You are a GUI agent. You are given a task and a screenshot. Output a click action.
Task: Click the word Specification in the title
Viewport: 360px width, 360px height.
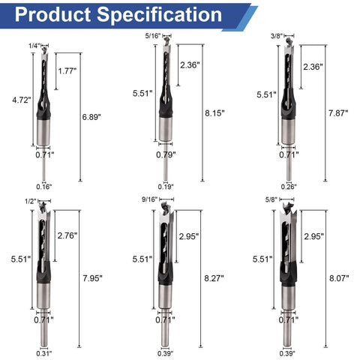[159, 15]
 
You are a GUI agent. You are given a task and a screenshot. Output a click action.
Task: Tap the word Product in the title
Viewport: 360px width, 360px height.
[52, 14]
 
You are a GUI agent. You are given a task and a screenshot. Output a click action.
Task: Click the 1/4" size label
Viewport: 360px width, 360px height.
[34, 46]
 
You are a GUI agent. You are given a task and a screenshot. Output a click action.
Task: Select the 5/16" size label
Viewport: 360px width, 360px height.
[153, 36]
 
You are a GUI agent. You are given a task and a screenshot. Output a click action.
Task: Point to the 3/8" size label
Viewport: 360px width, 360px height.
[277, 36]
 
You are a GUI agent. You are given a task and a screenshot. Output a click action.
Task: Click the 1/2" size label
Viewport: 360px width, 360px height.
[31, 202]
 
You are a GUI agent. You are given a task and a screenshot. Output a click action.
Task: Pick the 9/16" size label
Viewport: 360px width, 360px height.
[150, 199]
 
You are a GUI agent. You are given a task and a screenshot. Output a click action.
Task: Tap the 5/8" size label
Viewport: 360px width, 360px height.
[271, 200]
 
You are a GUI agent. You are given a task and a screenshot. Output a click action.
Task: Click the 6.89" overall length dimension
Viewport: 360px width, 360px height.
[91, 117]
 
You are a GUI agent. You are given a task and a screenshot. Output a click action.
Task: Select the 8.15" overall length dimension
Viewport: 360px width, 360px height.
[214, 113]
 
